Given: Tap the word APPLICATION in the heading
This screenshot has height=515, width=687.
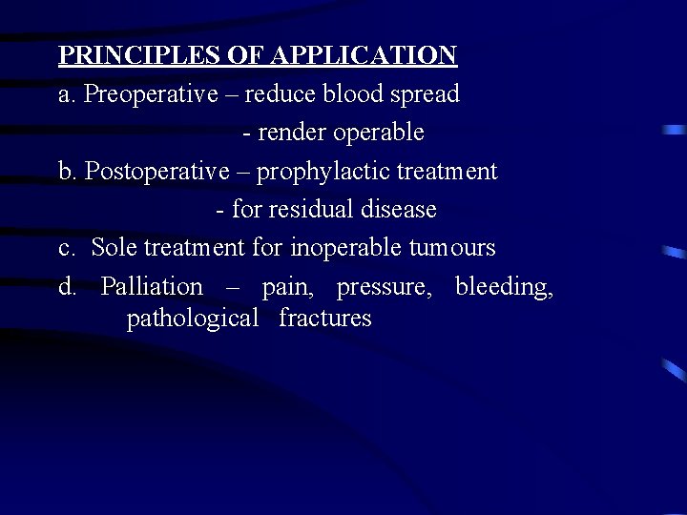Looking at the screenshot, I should (x=364, y=55).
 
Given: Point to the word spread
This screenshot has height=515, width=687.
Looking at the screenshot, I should (x=427, y=95).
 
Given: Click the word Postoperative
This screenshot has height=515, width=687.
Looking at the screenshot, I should (x=157, y=172).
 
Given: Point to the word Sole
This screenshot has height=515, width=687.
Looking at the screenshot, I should (x=114, y=248).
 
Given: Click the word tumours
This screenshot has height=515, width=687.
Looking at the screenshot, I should (x=451, y=248).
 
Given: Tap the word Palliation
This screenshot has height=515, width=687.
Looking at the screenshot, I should (x=152, y=286).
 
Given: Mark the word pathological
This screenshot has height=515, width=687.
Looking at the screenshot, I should (x=193, y=319).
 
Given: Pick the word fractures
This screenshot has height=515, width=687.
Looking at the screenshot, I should (x=325, y=318).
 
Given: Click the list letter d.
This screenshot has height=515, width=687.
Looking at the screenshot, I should (x=67, y=286).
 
